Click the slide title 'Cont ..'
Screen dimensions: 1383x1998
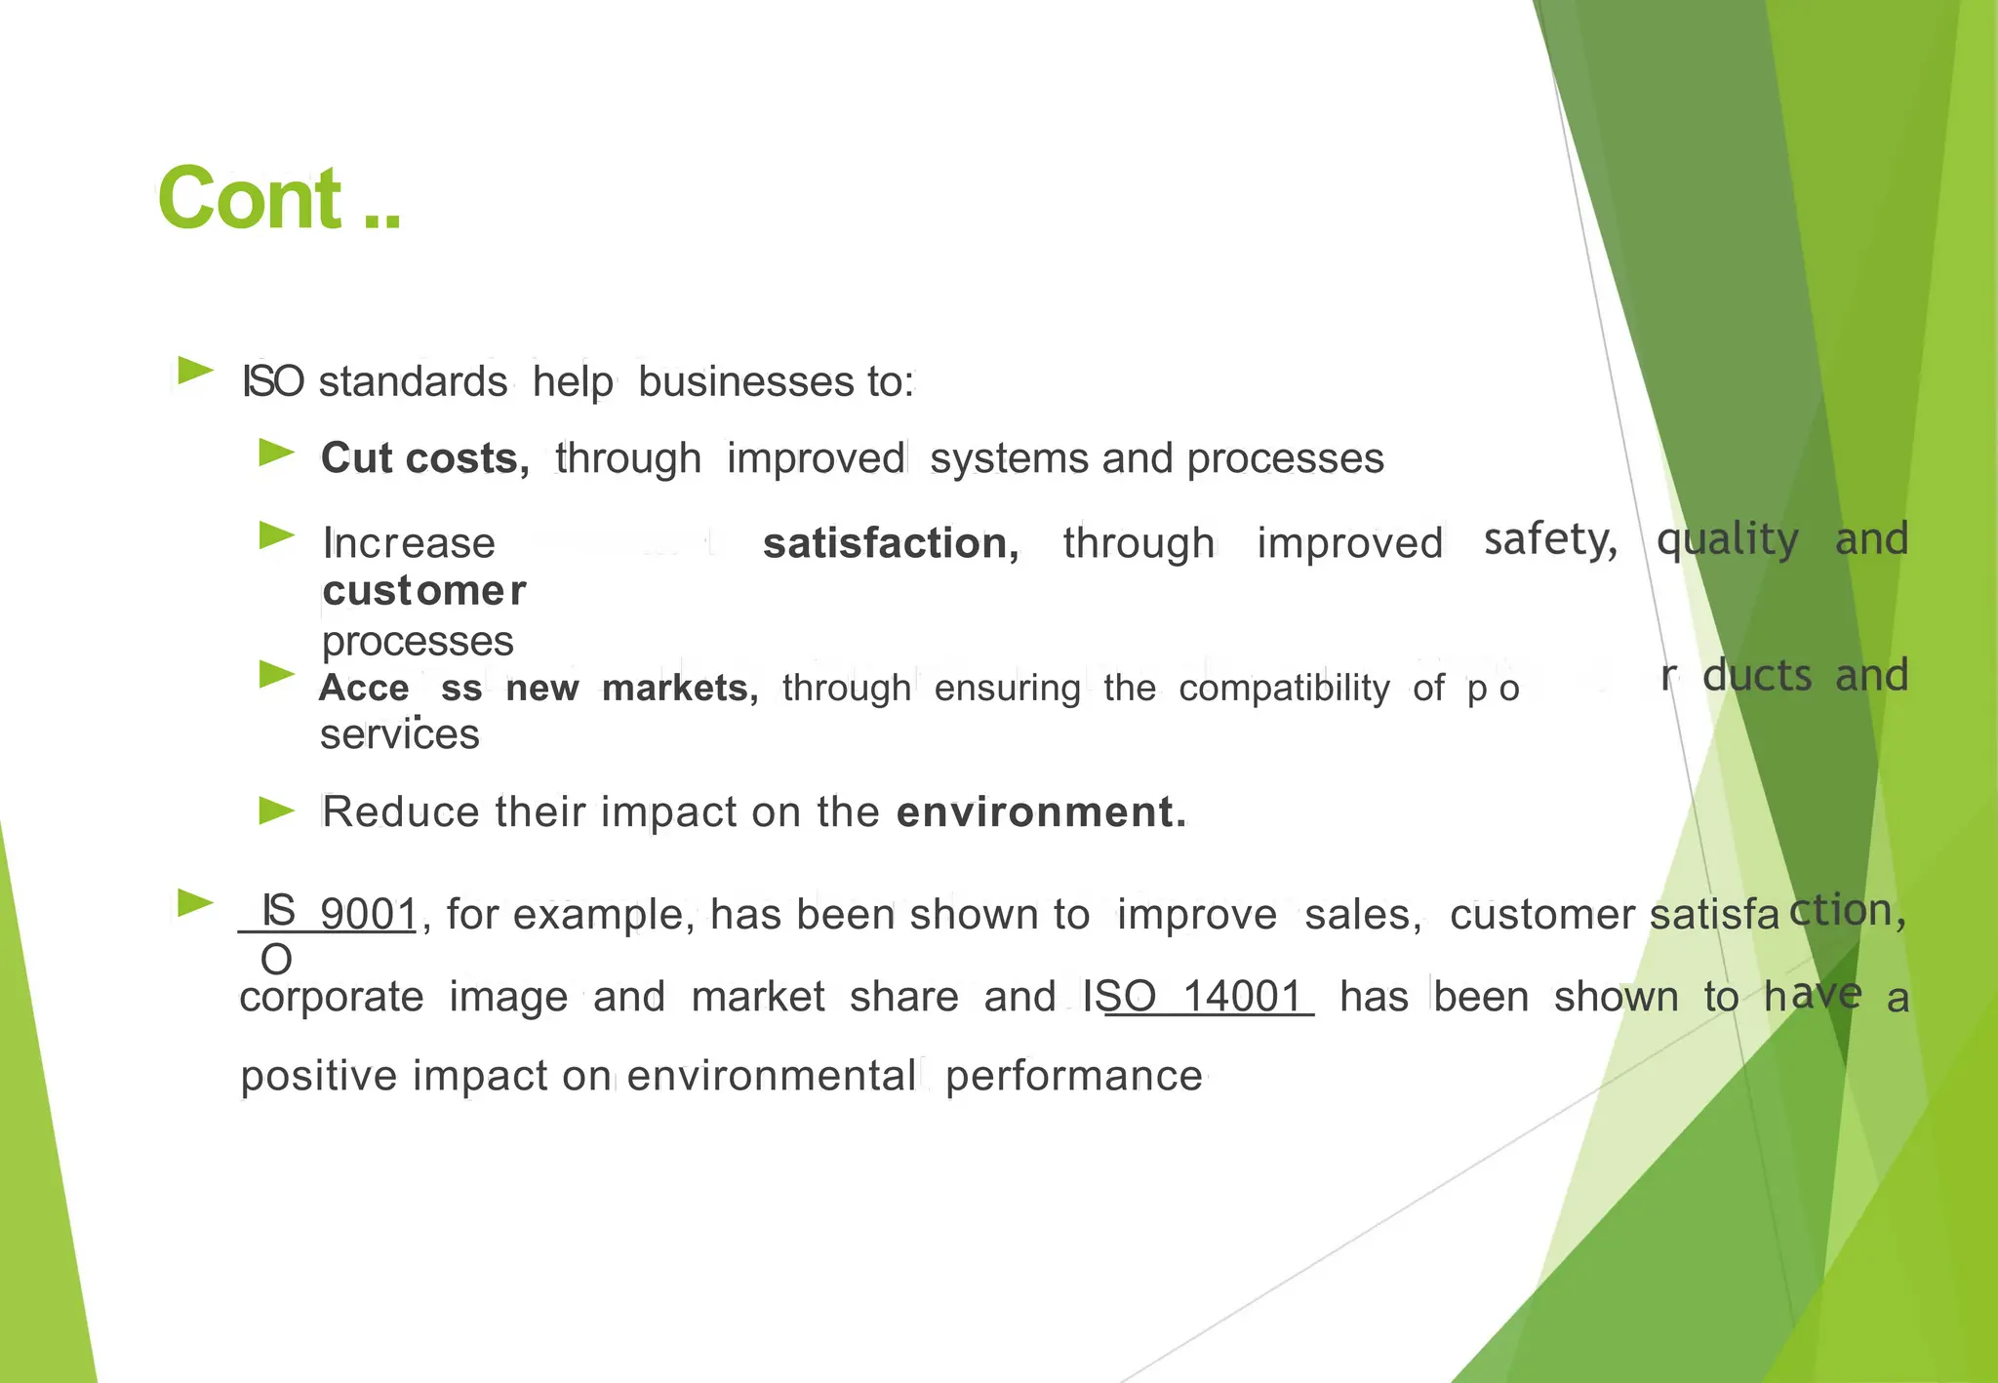click(x=278, y=199)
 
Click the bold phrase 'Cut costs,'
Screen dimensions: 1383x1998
click(x=424, y=458)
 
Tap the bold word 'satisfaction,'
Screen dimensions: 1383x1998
click(x=891, y=543)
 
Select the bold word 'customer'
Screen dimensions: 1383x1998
click(x=423, y=590)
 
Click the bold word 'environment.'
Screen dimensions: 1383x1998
click(x=1041, y=811)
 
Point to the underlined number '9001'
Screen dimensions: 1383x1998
click(x=369, y=915)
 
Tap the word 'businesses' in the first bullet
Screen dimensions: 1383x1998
click(x=745, y=381)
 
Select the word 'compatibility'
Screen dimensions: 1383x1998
click(x=1283, y=689)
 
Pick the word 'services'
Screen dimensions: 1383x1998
click(x=399, y=734)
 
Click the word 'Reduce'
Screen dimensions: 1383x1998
click(x=400, y=811)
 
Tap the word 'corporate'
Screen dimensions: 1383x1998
click(x=331, y=997)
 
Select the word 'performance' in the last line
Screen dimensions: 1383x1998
click(x=1073, y=1076)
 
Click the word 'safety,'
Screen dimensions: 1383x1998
click(x=1550, y=539)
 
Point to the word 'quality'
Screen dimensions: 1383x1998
click(x=1727, y=539)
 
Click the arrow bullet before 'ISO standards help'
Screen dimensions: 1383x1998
click(x=196, y=371)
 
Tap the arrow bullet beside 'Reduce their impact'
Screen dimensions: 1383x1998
click(x=276, y=810)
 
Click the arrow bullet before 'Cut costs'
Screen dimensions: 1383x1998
click(x=276, y=453)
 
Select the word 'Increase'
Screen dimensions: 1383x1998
click(x=409, y=543)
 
